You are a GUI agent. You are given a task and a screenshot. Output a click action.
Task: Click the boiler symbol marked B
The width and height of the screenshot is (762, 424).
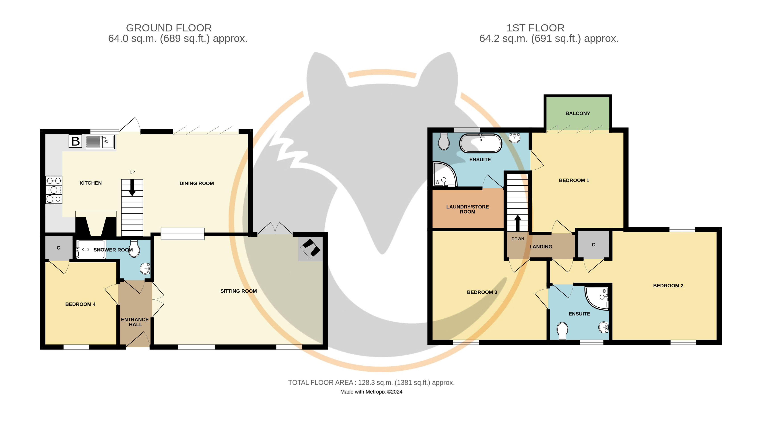pyautogui.click(x=75, y=141)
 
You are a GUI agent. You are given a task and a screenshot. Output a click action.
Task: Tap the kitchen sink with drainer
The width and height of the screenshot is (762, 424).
pyautogui.click(x=100, y=142)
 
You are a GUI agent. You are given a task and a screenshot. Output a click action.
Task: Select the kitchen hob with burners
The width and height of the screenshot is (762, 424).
pyautogui.click(x=54, y=190)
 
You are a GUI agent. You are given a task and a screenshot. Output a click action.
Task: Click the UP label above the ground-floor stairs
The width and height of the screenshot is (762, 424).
pyautogui.click(x=132, y=172)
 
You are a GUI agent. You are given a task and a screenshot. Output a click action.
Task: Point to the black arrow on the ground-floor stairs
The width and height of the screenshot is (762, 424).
pyautogui.click(x=132, y=188)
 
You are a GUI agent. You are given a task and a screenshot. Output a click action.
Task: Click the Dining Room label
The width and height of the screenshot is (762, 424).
pyautogui.click(x=197, y=183)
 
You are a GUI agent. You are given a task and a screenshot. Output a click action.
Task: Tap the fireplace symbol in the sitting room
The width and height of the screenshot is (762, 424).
pyautogui.click(x=310, y=249)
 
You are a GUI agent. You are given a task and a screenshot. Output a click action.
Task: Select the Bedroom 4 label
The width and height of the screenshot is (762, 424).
pyautogui.click(x=80, y=304)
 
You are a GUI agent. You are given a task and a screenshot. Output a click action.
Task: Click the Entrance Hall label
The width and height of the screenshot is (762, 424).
pyautogui.click(x=135, y=322)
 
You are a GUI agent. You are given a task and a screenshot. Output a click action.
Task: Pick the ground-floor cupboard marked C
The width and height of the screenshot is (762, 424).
pyautogui.click(x=59, y=248)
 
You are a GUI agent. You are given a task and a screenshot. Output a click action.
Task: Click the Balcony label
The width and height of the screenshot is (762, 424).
pyautogui.click(x=578, y=113)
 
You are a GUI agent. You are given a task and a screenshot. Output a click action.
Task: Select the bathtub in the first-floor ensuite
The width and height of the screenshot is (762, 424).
pyautogui.click(x=481, y=143)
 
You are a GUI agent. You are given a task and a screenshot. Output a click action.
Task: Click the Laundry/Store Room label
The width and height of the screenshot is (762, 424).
pyautogui.click(x=468, y=209)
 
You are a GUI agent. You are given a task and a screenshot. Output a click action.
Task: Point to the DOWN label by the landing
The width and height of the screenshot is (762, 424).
pyautogui.click(x=518, y=239)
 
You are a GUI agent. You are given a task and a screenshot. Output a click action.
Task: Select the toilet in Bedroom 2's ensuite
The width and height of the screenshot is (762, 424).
pyautogui.click(x=562, y=331)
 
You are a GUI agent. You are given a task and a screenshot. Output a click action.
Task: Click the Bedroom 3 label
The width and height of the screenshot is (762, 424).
pyautogui.click(x=482, y=292)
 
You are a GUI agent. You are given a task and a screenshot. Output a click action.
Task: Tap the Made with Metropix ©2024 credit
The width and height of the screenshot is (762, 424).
pyautogui.click(x=371, y=392)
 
